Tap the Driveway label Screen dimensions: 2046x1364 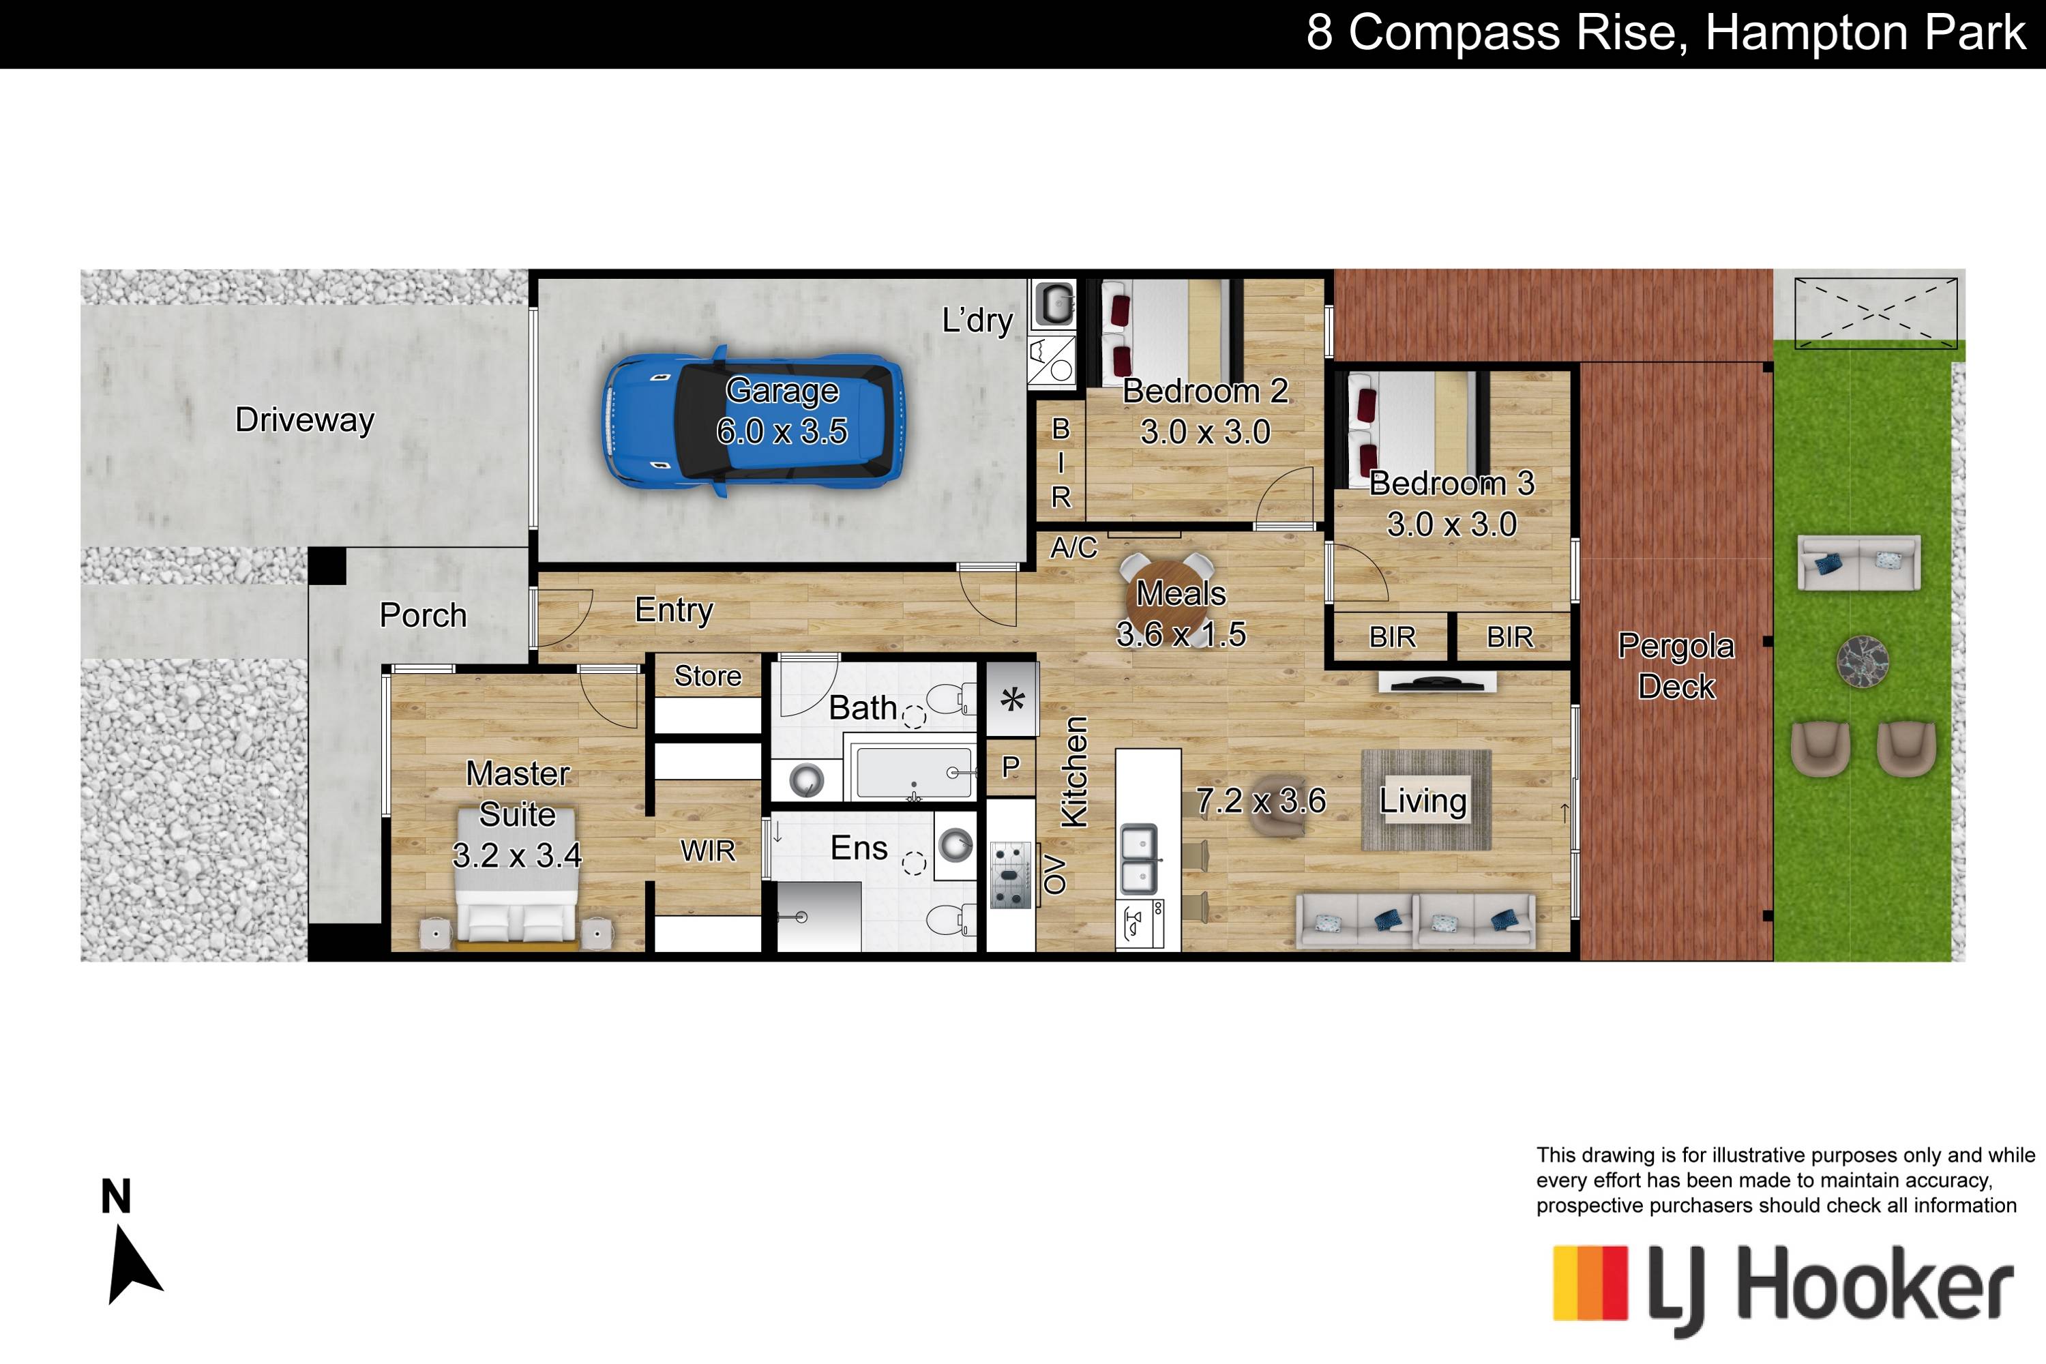coord(304,419)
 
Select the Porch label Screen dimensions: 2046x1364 coord(424,615)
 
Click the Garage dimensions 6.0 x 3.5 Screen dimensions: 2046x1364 coord(782,432)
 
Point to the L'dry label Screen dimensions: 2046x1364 coord(978,321)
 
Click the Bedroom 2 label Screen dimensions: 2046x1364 coord(1206,391)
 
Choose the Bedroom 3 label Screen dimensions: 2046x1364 coord(1452,484)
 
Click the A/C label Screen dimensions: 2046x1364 coord(1074,548)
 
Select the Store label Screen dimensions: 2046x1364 coord(708,676)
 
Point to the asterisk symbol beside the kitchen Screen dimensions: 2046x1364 coord(1011,700)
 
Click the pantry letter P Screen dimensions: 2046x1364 coord(1010,767)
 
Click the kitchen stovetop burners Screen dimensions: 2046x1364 coord(1010,875)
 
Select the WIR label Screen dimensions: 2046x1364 coord(708,850)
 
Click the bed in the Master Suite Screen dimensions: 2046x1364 coord(517,878)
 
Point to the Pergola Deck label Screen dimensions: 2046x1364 coord(1676,666)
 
